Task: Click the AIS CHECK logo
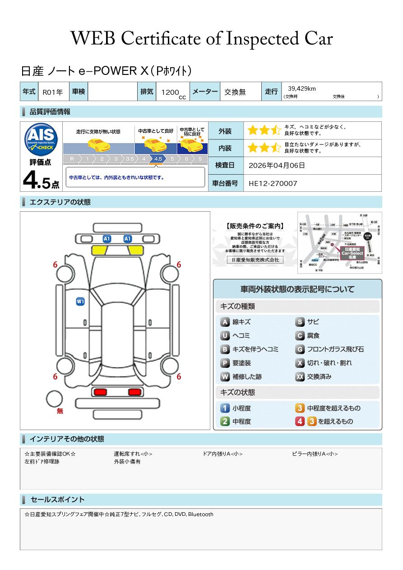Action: pos(41,139)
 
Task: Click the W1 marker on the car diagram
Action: pos(80,301)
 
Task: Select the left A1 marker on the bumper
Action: pos(107,238)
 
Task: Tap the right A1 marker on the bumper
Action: pos(128,238)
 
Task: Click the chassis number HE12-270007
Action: pos(273,183)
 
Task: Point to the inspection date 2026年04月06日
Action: pos(277,166)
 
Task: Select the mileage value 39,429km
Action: pos(302,88)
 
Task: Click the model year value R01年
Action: pos(53,92)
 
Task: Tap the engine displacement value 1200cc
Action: pos(173,93)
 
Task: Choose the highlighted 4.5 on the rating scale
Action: pos(158,159)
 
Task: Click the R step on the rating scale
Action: pos(72,159)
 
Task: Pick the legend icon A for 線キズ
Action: pos(225,322)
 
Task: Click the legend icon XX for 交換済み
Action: pos(300,376)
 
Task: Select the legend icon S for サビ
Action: pos(300,322)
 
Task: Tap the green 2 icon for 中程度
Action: pos(225,422)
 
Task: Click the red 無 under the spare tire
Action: pos(60,411)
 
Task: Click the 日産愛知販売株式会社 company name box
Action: pos(255,260)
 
